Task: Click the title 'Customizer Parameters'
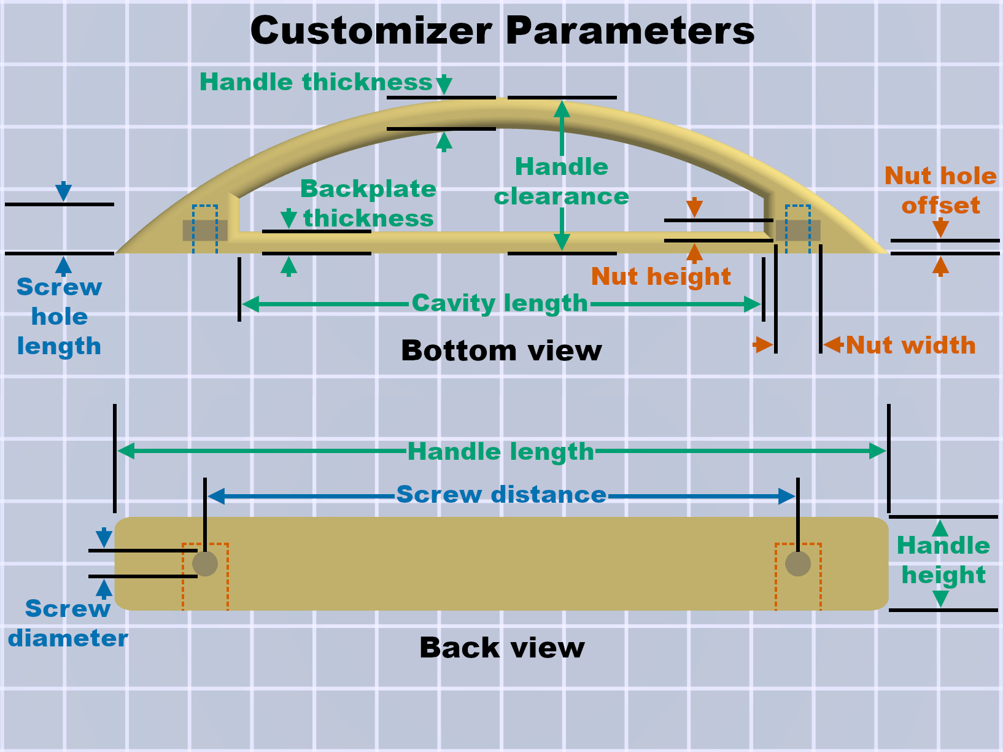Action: click(502, 31)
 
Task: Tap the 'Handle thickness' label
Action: click(316, 82)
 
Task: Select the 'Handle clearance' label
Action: click(562, 181)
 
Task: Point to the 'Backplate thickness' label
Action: click(368, 203)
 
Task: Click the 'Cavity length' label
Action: click(500, 303)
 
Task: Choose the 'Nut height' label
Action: click(660, 276)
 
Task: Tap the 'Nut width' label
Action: click(911, 345)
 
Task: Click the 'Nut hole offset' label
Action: click(940, 190)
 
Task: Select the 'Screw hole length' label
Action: click(60, 317)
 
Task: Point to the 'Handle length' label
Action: click(500, 451)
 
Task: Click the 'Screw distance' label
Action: click(501, 494)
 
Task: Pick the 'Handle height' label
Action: click(943, 560)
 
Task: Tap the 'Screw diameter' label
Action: click(68, 623)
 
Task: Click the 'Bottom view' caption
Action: click(501, 351)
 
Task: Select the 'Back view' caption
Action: click(501, 648)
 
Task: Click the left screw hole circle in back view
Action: click(204, 564)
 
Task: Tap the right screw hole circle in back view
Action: click(798, 564)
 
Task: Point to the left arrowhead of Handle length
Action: click(126, 451)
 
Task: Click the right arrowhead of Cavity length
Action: click(752, 304)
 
